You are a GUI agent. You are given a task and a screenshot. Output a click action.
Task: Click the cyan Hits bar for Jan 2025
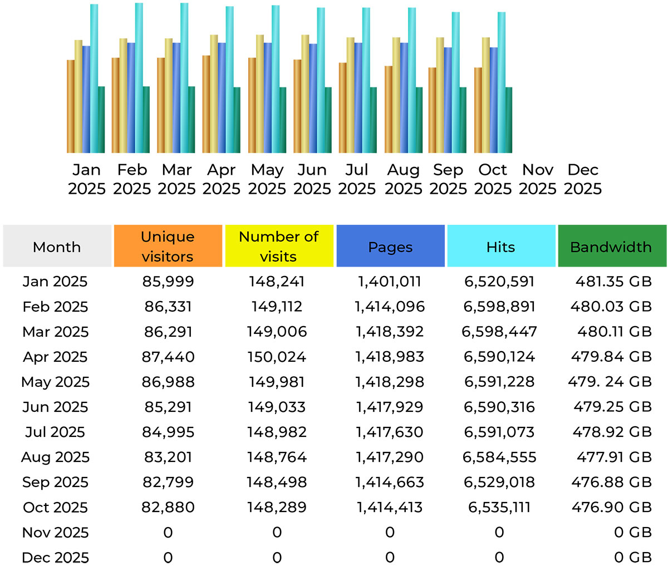click(94, 78)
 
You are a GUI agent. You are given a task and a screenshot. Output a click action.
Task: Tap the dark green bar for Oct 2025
click(509, 120)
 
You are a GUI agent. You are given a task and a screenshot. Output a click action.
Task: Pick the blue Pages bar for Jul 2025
click(358, 97)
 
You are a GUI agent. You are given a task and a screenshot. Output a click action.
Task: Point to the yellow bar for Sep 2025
click(440, 95)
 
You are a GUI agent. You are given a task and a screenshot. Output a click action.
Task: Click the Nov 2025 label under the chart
click(538, 179)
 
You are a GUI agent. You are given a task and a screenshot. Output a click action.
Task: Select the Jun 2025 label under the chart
click(312, 179)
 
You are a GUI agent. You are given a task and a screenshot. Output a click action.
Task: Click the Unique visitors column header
click(168, 246)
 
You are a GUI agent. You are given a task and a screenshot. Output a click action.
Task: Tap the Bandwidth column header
click(611, 246)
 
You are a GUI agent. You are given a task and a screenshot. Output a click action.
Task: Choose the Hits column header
click(500, 246)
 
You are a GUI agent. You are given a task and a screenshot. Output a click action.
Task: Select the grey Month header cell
click(57, 246)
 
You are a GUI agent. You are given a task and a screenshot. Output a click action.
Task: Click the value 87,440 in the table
click(168, 357)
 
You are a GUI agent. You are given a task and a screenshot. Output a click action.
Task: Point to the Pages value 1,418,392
click(390, 332)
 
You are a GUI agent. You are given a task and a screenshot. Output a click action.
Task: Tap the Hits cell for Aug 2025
click(499, 457)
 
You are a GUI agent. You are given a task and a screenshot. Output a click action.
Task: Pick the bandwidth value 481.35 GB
click(613, 282)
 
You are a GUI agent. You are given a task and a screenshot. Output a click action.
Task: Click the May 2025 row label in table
click(55, 382)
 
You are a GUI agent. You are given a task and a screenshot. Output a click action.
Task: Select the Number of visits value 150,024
click(277, 357)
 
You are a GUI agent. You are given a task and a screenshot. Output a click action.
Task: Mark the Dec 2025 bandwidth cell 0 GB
click(632, 557)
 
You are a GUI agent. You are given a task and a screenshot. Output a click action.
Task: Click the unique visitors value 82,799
click(168, 482)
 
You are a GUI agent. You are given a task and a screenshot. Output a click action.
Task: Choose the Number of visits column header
click(278, 246)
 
